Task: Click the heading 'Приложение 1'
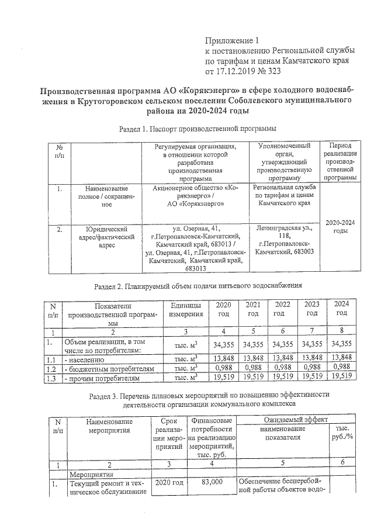pos(231,41)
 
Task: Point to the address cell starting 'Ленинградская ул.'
pos(285,238)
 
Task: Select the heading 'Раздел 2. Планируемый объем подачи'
pos(198,286)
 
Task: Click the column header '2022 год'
pos(282,309)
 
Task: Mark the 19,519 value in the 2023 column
pos(312,378)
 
